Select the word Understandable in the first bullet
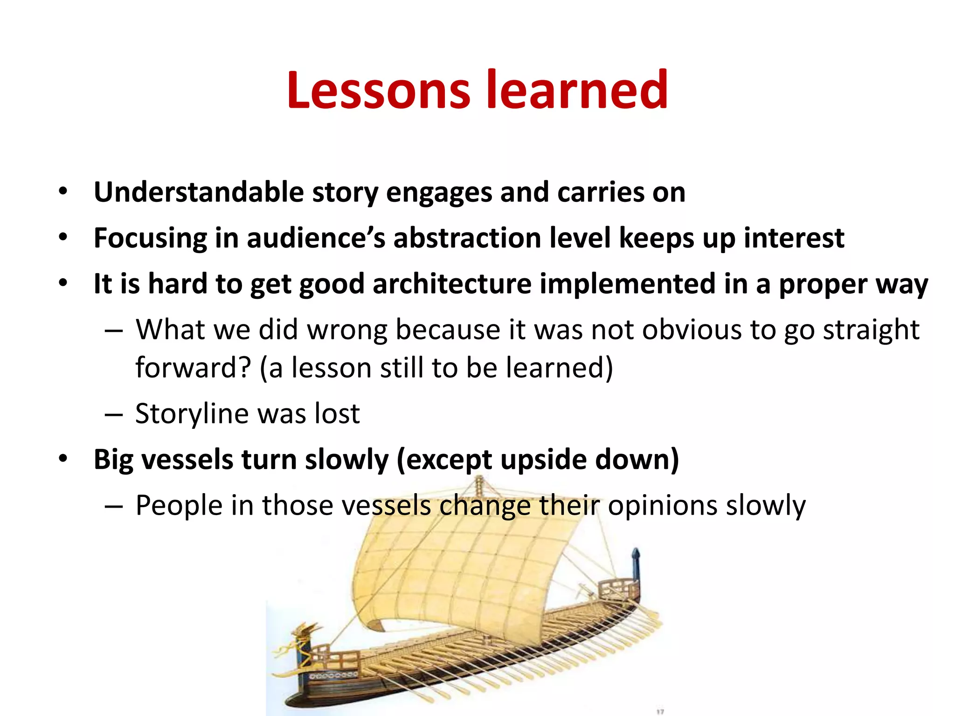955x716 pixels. point(199,192)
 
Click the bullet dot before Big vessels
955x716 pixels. point(63,459)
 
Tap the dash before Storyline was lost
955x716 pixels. point(113,414)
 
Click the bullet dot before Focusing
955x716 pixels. point(63,237)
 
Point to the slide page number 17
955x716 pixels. point(660,711)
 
